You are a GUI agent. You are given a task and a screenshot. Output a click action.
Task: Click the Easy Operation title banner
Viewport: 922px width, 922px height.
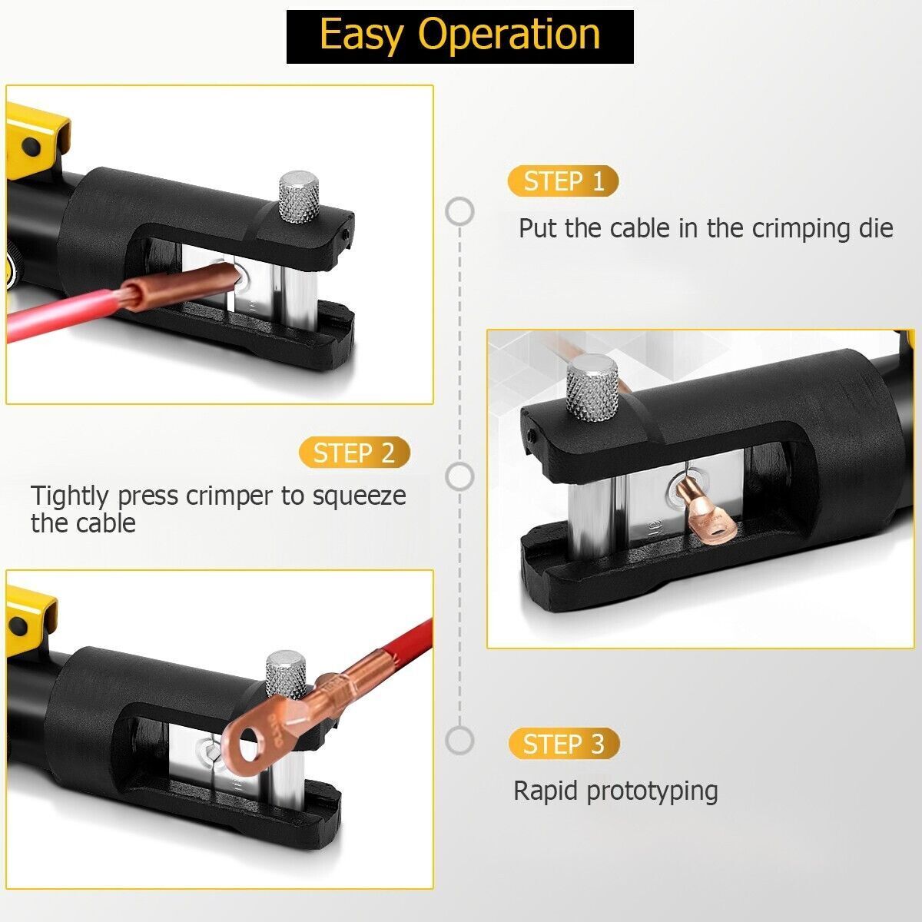459,37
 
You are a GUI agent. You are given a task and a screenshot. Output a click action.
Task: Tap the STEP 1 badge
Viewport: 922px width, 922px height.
563,181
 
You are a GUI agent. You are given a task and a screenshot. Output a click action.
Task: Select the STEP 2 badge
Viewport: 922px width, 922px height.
354,452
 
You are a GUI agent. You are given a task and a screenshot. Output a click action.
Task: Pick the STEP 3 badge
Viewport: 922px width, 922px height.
564,744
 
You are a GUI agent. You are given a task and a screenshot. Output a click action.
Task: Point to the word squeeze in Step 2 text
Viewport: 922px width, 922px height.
359,496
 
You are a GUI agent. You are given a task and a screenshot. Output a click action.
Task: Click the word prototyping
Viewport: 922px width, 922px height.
652,792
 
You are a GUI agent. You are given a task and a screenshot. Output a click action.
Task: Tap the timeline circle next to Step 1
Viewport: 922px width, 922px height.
459,211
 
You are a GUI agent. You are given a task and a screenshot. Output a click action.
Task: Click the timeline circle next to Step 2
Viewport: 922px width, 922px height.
459,476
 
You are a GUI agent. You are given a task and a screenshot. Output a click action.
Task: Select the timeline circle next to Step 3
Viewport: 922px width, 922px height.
459,740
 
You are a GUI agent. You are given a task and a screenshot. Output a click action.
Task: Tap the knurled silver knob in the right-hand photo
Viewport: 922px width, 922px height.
592,388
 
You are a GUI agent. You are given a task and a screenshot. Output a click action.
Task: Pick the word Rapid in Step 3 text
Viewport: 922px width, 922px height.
546,791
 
